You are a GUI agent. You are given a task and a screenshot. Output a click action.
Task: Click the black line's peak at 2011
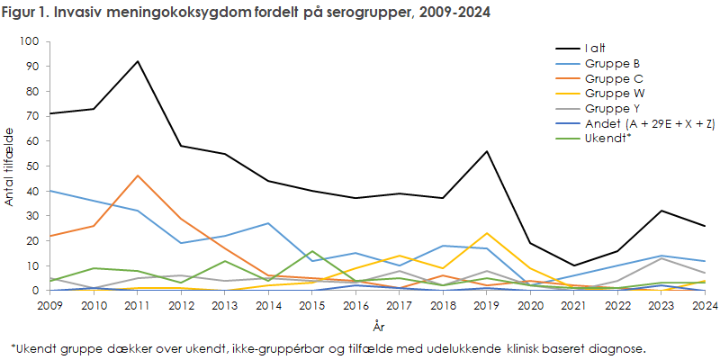138,61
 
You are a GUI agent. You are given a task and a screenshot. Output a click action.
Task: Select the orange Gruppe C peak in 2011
138,175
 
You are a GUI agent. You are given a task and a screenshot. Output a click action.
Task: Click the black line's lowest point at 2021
574,265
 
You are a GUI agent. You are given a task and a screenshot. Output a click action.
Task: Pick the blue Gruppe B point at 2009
50,191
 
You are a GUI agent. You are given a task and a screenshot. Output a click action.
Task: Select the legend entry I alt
595,48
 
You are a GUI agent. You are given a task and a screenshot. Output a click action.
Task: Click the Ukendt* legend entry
608,139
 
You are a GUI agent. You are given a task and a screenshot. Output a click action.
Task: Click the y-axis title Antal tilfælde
11,166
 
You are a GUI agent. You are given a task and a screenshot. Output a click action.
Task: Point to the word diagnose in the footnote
620,347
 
